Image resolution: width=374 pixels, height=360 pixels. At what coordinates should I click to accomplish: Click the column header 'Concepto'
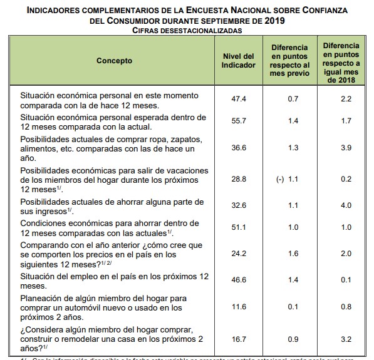point(114,61)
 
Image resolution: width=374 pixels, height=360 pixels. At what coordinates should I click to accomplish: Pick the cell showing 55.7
point(239,121)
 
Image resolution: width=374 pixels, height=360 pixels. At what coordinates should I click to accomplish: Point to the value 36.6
point(239,148)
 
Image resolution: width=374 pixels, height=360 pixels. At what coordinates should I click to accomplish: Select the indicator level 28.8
point(239,179)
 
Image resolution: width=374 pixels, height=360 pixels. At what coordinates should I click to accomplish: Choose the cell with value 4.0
point(345,205)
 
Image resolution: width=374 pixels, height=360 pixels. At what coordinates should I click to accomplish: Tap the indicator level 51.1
point(239,227)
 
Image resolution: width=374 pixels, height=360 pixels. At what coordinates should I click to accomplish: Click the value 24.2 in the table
point(239,254)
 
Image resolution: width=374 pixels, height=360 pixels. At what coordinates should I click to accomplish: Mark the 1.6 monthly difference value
point(293,254)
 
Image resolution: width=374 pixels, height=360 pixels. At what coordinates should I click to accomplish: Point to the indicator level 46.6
point(239,280)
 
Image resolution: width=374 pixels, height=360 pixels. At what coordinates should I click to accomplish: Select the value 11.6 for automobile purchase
point(239,307)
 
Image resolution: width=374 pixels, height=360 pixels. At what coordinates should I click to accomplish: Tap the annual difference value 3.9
point(345,148)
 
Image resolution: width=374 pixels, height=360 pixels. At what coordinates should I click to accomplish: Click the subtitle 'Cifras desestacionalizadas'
point(187,30)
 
